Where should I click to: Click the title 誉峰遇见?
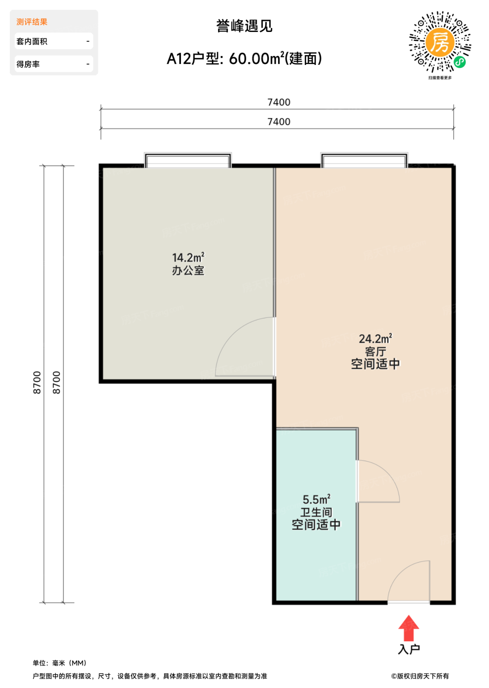point(244,26)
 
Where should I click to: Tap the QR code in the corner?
point(440,42)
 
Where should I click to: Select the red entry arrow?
point(408,628)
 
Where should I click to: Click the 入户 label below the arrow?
point(409,649)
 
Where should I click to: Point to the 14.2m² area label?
point(188,258)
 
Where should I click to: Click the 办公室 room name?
point(188,271)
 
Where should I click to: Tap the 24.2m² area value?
point(375,339)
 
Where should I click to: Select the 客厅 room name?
point(375,351)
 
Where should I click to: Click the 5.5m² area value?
point(316,499)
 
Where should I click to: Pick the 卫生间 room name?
point(316,512)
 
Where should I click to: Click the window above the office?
point(188,160)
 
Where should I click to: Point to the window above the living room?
point(364,160)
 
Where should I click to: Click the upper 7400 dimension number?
point(279,102)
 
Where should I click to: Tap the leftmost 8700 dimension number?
point(37,382)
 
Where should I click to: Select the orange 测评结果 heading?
point(32,22)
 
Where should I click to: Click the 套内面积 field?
point(54,41)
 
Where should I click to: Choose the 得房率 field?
point(54,64)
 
